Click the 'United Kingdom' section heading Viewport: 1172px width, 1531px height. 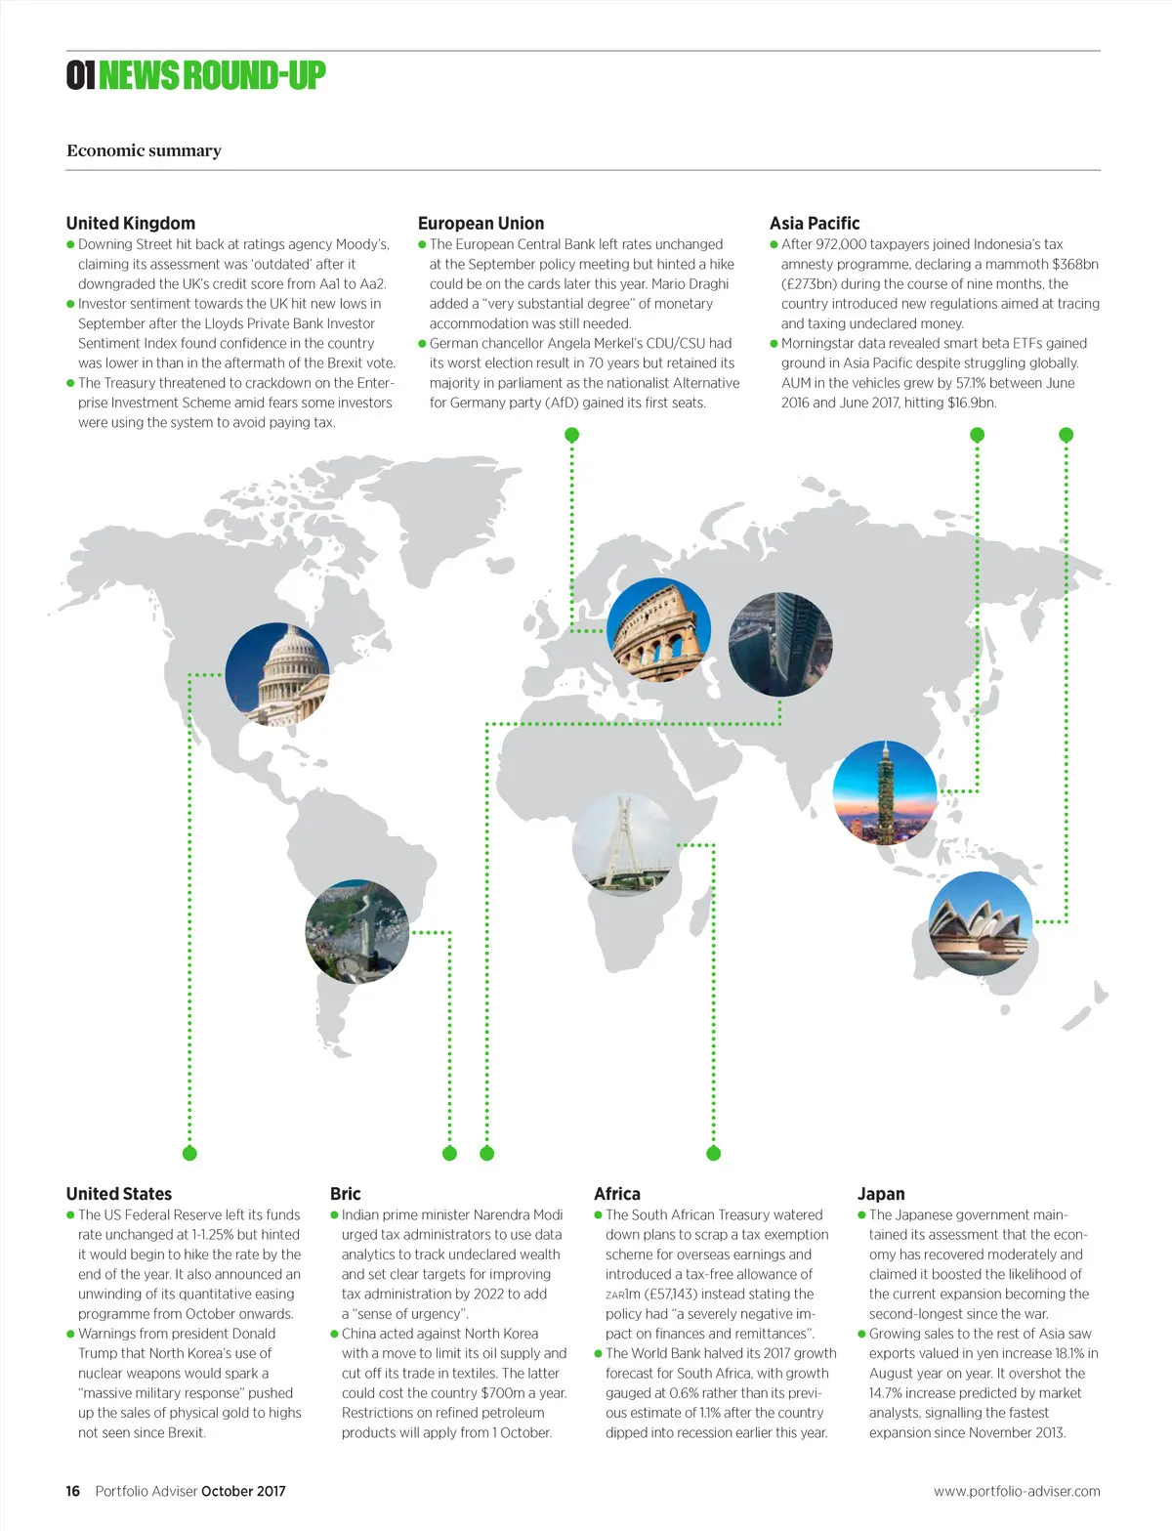point(131,223)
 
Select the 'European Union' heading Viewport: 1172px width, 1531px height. point(481,223)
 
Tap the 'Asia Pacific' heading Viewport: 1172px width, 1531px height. point(815,223)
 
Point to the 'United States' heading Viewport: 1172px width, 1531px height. point(118,1193)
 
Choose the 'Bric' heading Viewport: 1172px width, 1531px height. point(345,1193)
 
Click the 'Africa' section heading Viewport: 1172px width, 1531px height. point(616,1193)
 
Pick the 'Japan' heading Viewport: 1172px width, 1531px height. point(880,1193)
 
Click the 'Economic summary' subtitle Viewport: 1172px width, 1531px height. point(144,150)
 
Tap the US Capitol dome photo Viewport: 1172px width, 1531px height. point(277,674)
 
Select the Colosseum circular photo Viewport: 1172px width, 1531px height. point(658,629)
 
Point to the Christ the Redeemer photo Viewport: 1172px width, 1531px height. point(356,929)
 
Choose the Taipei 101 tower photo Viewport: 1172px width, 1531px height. point(884,791)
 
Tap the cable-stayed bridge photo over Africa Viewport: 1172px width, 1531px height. point(624,844)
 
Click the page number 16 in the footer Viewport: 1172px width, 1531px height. point(73,1491)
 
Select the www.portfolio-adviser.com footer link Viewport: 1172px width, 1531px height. point(1016,1491)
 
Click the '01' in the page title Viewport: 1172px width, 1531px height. point(80,75)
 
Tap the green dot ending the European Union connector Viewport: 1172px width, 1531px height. point(572,435)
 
